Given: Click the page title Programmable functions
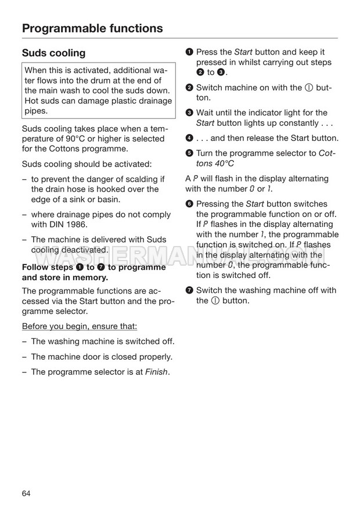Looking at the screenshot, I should tap(92, 28).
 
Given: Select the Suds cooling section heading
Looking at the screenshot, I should tap(53, 53).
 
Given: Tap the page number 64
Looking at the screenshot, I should tap(26, 493).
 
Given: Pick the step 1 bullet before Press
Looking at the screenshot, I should tap(189, 53).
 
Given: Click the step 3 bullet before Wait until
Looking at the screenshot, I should tap(189, 113).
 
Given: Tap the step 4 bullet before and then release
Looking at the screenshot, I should tap(189, 138).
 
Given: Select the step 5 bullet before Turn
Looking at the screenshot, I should tap(189, 153).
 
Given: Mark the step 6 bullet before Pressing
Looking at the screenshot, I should tap(189, 204).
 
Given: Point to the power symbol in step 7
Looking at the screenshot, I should tap(214, 301).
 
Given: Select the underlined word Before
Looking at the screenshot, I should tap(35, 327).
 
